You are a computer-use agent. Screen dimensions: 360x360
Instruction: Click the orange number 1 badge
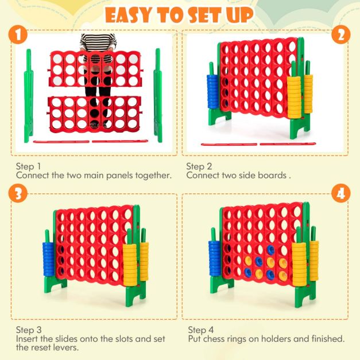18,35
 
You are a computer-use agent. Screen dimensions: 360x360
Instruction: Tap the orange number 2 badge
341,35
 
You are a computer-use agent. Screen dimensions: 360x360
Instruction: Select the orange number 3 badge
18,193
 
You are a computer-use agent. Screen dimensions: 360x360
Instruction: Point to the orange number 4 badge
341,193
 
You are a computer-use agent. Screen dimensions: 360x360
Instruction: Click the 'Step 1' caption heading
28,167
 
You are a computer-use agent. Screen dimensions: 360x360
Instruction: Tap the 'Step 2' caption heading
199,167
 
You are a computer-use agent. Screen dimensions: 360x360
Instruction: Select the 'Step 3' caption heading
29,330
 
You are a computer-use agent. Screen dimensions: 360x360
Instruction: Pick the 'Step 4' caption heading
200,330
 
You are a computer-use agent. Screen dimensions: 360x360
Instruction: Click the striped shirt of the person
98,42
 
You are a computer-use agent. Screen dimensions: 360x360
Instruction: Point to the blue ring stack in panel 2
213,92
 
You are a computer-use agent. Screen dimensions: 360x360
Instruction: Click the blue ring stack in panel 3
49,259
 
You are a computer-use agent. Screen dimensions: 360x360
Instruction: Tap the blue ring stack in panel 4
214,258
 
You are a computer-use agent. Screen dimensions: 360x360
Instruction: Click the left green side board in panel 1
29,95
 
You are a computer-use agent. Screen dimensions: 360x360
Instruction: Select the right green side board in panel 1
158,95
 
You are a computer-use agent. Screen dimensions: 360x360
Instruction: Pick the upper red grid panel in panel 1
95,69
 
